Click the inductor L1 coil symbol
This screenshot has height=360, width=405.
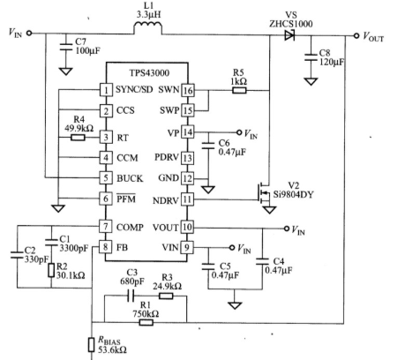[x=148, y=27]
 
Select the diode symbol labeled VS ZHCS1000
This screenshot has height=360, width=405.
[x=289, y=35]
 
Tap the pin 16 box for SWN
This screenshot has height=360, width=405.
[x=187, y=90]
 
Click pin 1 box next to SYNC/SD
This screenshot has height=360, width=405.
[x=106, y=90]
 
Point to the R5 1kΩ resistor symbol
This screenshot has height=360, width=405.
[x=239, y=90]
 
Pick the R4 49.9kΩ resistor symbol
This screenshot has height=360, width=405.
[x=78, y=138]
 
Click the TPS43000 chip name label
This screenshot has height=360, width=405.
[x=149, y=73]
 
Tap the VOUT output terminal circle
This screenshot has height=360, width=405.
[x=356, y=35]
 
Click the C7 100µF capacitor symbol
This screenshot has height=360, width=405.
[x=65, y=47]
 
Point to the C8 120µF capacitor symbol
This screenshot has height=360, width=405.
[x=311, y=57]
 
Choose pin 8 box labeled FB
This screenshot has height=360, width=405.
[x=105, y=247]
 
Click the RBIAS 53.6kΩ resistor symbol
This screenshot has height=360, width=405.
[x=92, y=345]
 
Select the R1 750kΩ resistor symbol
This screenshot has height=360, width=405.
[x=146, y=323]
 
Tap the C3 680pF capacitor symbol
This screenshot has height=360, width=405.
[x=131, y=296]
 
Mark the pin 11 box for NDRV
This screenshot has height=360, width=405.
[x=187, y=199]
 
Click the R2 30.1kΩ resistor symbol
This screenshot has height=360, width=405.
[x=51, y=270]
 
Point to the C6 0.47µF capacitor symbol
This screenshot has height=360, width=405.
[x=208, y=146]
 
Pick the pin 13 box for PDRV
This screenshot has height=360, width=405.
[x=187, y=158]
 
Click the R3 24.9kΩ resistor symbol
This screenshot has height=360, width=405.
[x=166, y=296]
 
